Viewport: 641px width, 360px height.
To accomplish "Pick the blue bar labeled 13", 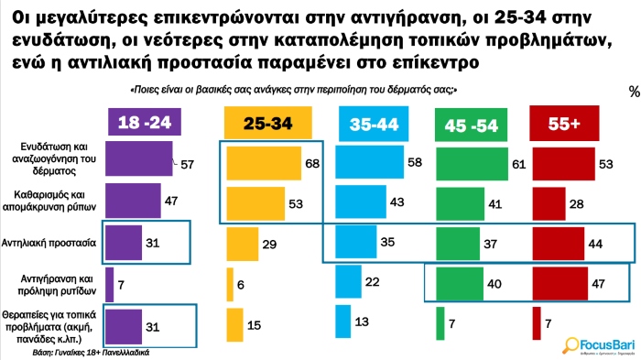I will pyautogui.click(x=342, y=322).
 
